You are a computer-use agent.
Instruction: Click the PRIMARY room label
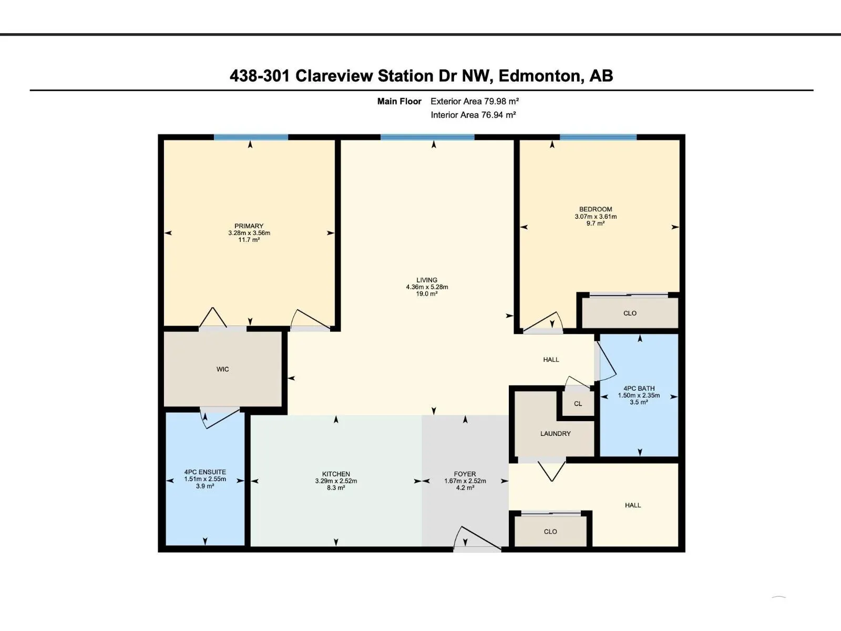(x=249, y=226)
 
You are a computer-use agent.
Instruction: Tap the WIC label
(x=223, y=369)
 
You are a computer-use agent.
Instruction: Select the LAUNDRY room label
(x=555, y=434)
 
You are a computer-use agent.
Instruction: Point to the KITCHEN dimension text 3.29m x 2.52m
(x=336, y=481)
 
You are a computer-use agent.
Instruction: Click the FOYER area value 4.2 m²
(x=465, y=488)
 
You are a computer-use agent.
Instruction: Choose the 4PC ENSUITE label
(x=205, y=472)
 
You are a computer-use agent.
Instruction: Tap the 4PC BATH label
(x=639, y=388)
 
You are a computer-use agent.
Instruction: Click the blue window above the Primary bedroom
(x=251, y=137)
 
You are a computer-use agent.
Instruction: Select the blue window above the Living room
(x=427, y=137)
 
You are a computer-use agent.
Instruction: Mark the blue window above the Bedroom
(x=598, y=137)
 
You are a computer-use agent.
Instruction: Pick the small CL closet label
(x=578, y=404)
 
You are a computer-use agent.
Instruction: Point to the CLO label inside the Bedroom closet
(x=630, y=313)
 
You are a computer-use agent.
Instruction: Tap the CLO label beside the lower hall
(x=550, y=532)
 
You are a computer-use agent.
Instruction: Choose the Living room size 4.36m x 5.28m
(x=427, y=287)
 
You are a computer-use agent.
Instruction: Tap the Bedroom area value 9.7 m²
(x=596, y=223)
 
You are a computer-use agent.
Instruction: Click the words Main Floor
(x=399, y=101)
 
